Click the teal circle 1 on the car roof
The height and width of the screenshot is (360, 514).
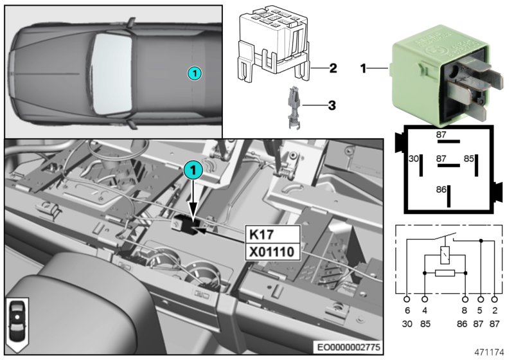click(x=195, y=73)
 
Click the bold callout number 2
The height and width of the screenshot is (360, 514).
click(x=332, y=68)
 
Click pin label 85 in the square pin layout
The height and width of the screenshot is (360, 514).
click(x=469, y=157)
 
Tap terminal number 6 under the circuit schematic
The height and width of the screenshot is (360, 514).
click(x=407, y=311)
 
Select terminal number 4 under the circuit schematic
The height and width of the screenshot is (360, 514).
click(x=424, y=311)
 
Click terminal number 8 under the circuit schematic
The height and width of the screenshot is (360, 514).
click(x=465, y=311)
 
